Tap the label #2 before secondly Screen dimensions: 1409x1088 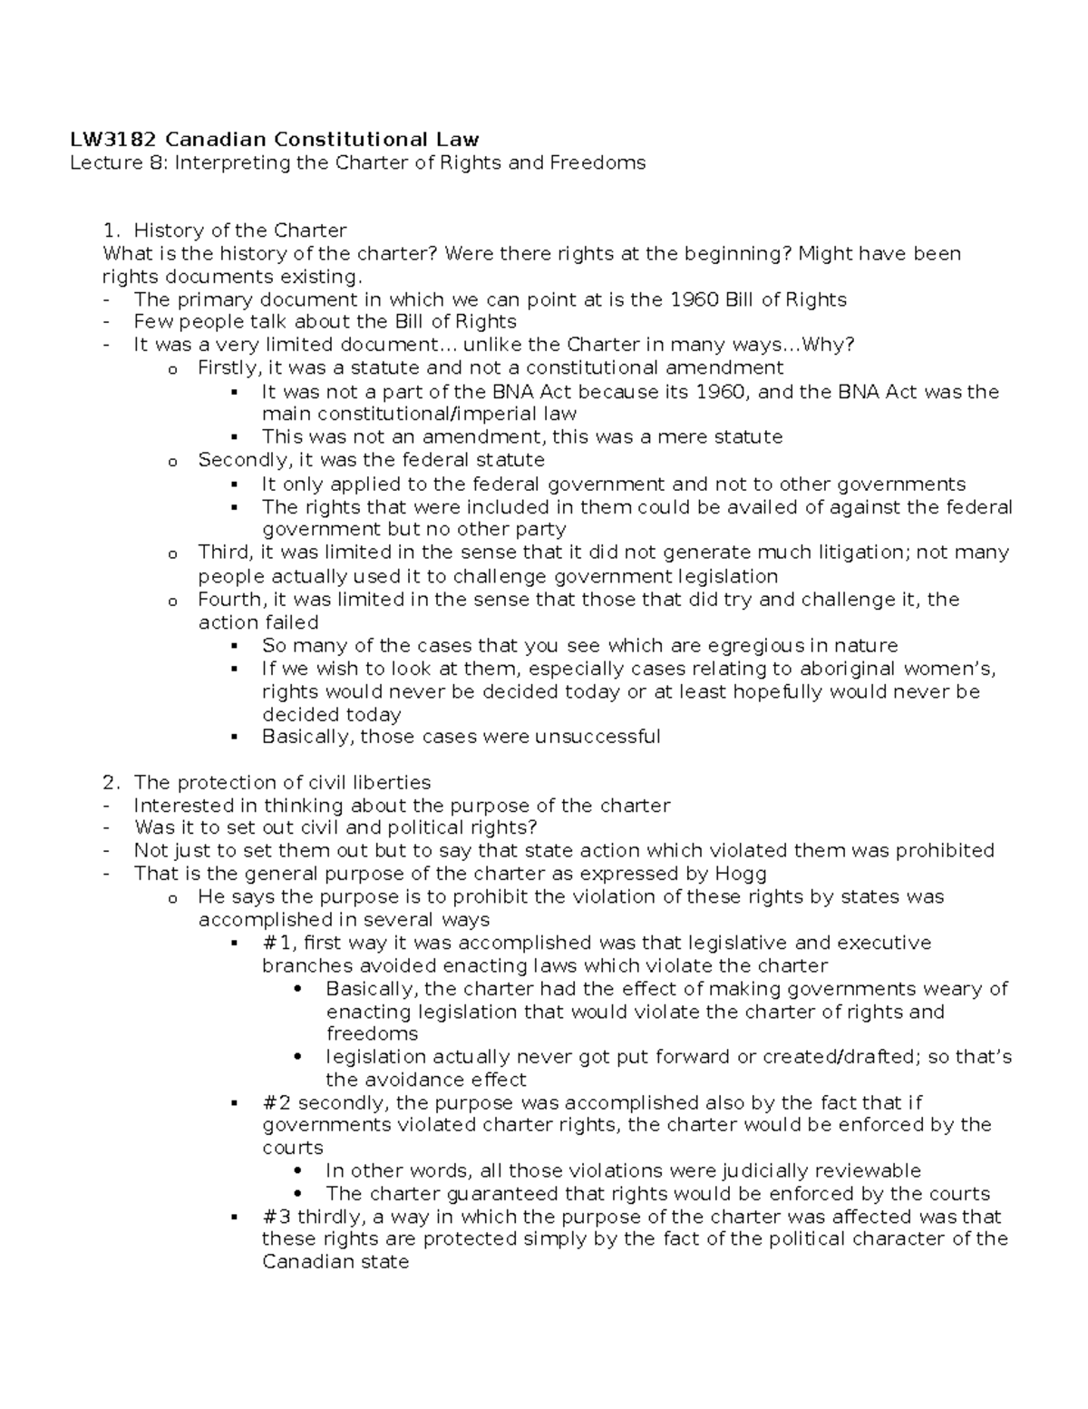(277, 1103)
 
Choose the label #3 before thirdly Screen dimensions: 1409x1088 (277, 1217)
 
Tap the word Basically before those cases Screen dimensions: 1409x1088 (306, 736)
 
